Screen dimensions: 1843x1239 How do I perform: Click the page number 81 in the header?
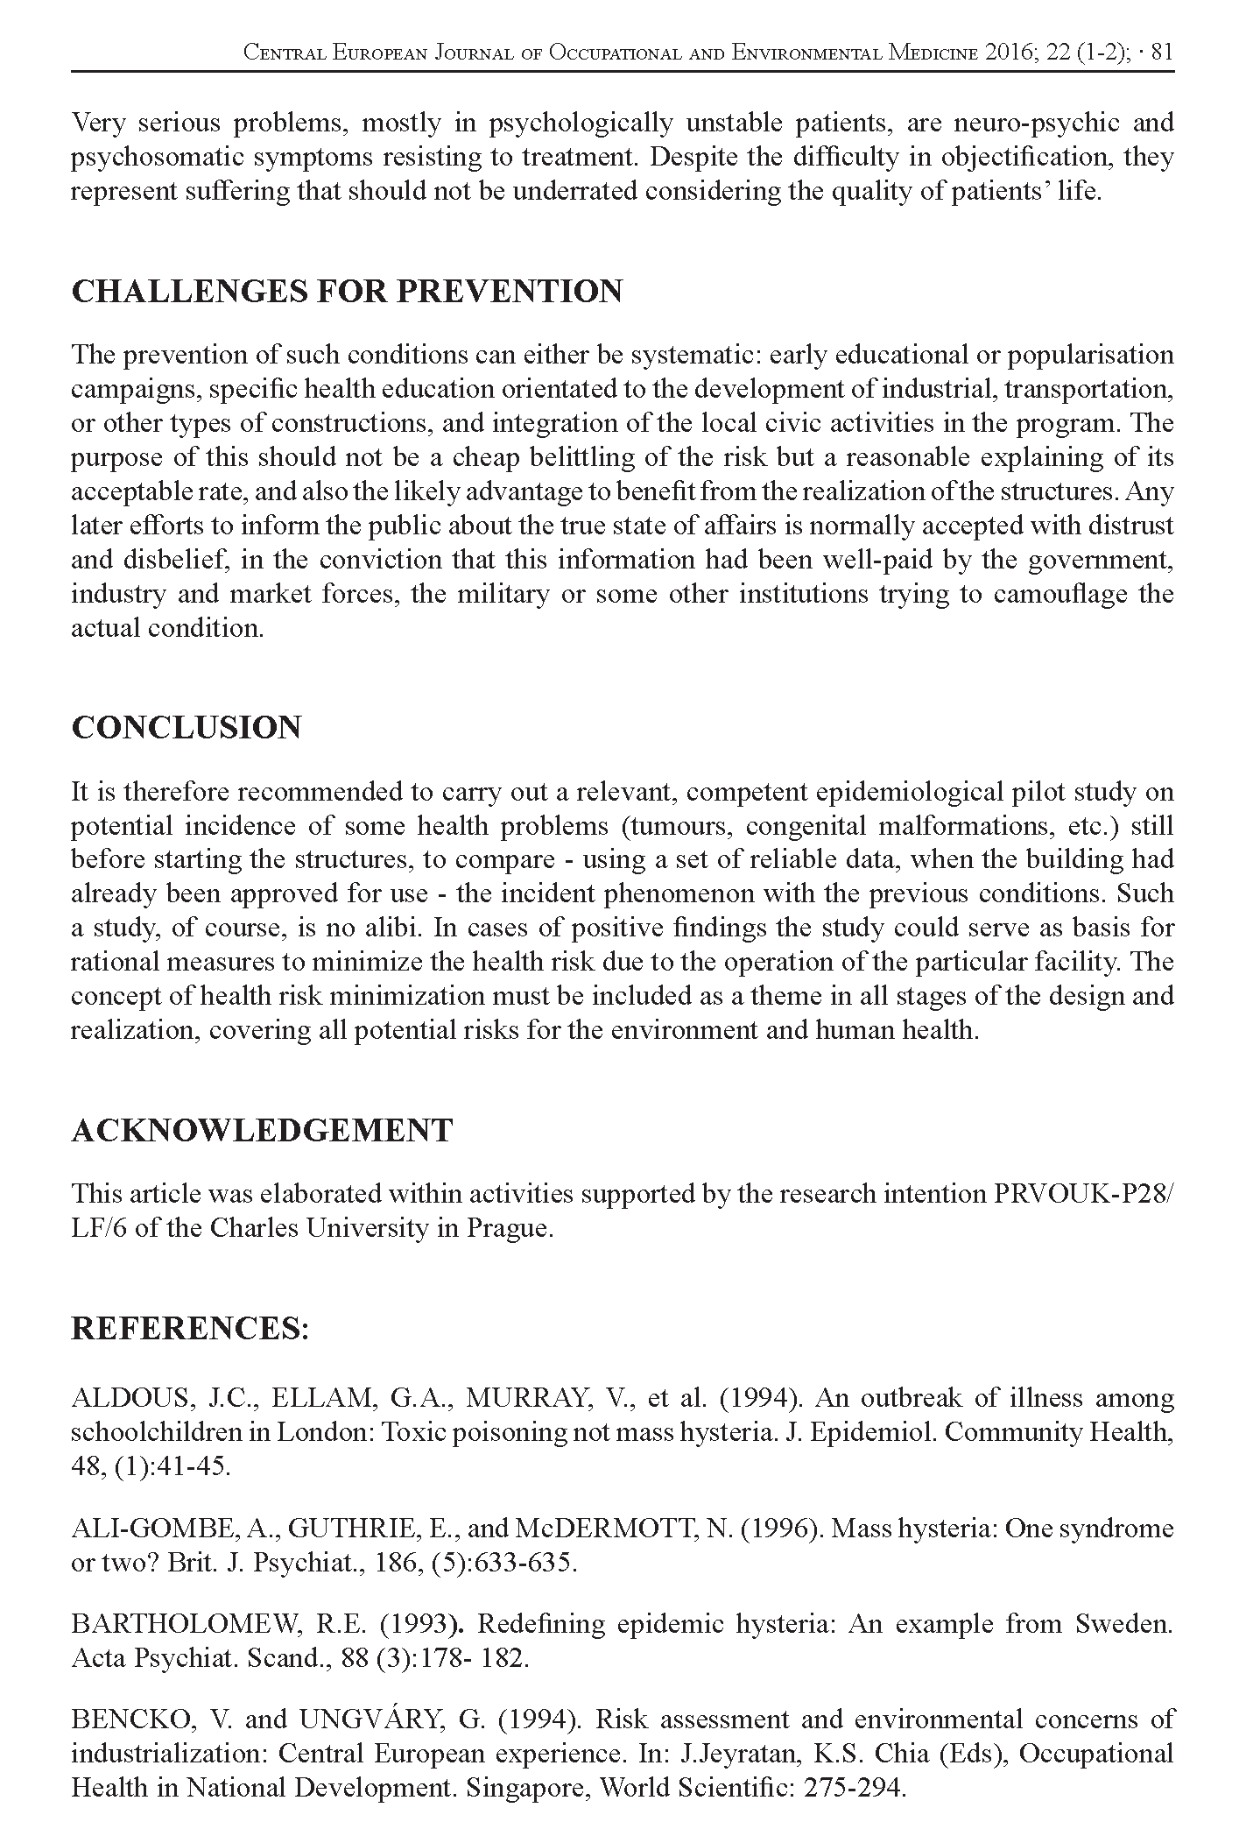(x=1161, y=53)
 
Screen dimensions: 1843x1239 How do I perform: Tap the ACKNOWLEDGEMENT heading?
(x=262, y=1131)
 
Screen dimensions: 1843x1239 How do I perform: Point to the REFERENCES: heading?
(x=190, y=1329)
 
